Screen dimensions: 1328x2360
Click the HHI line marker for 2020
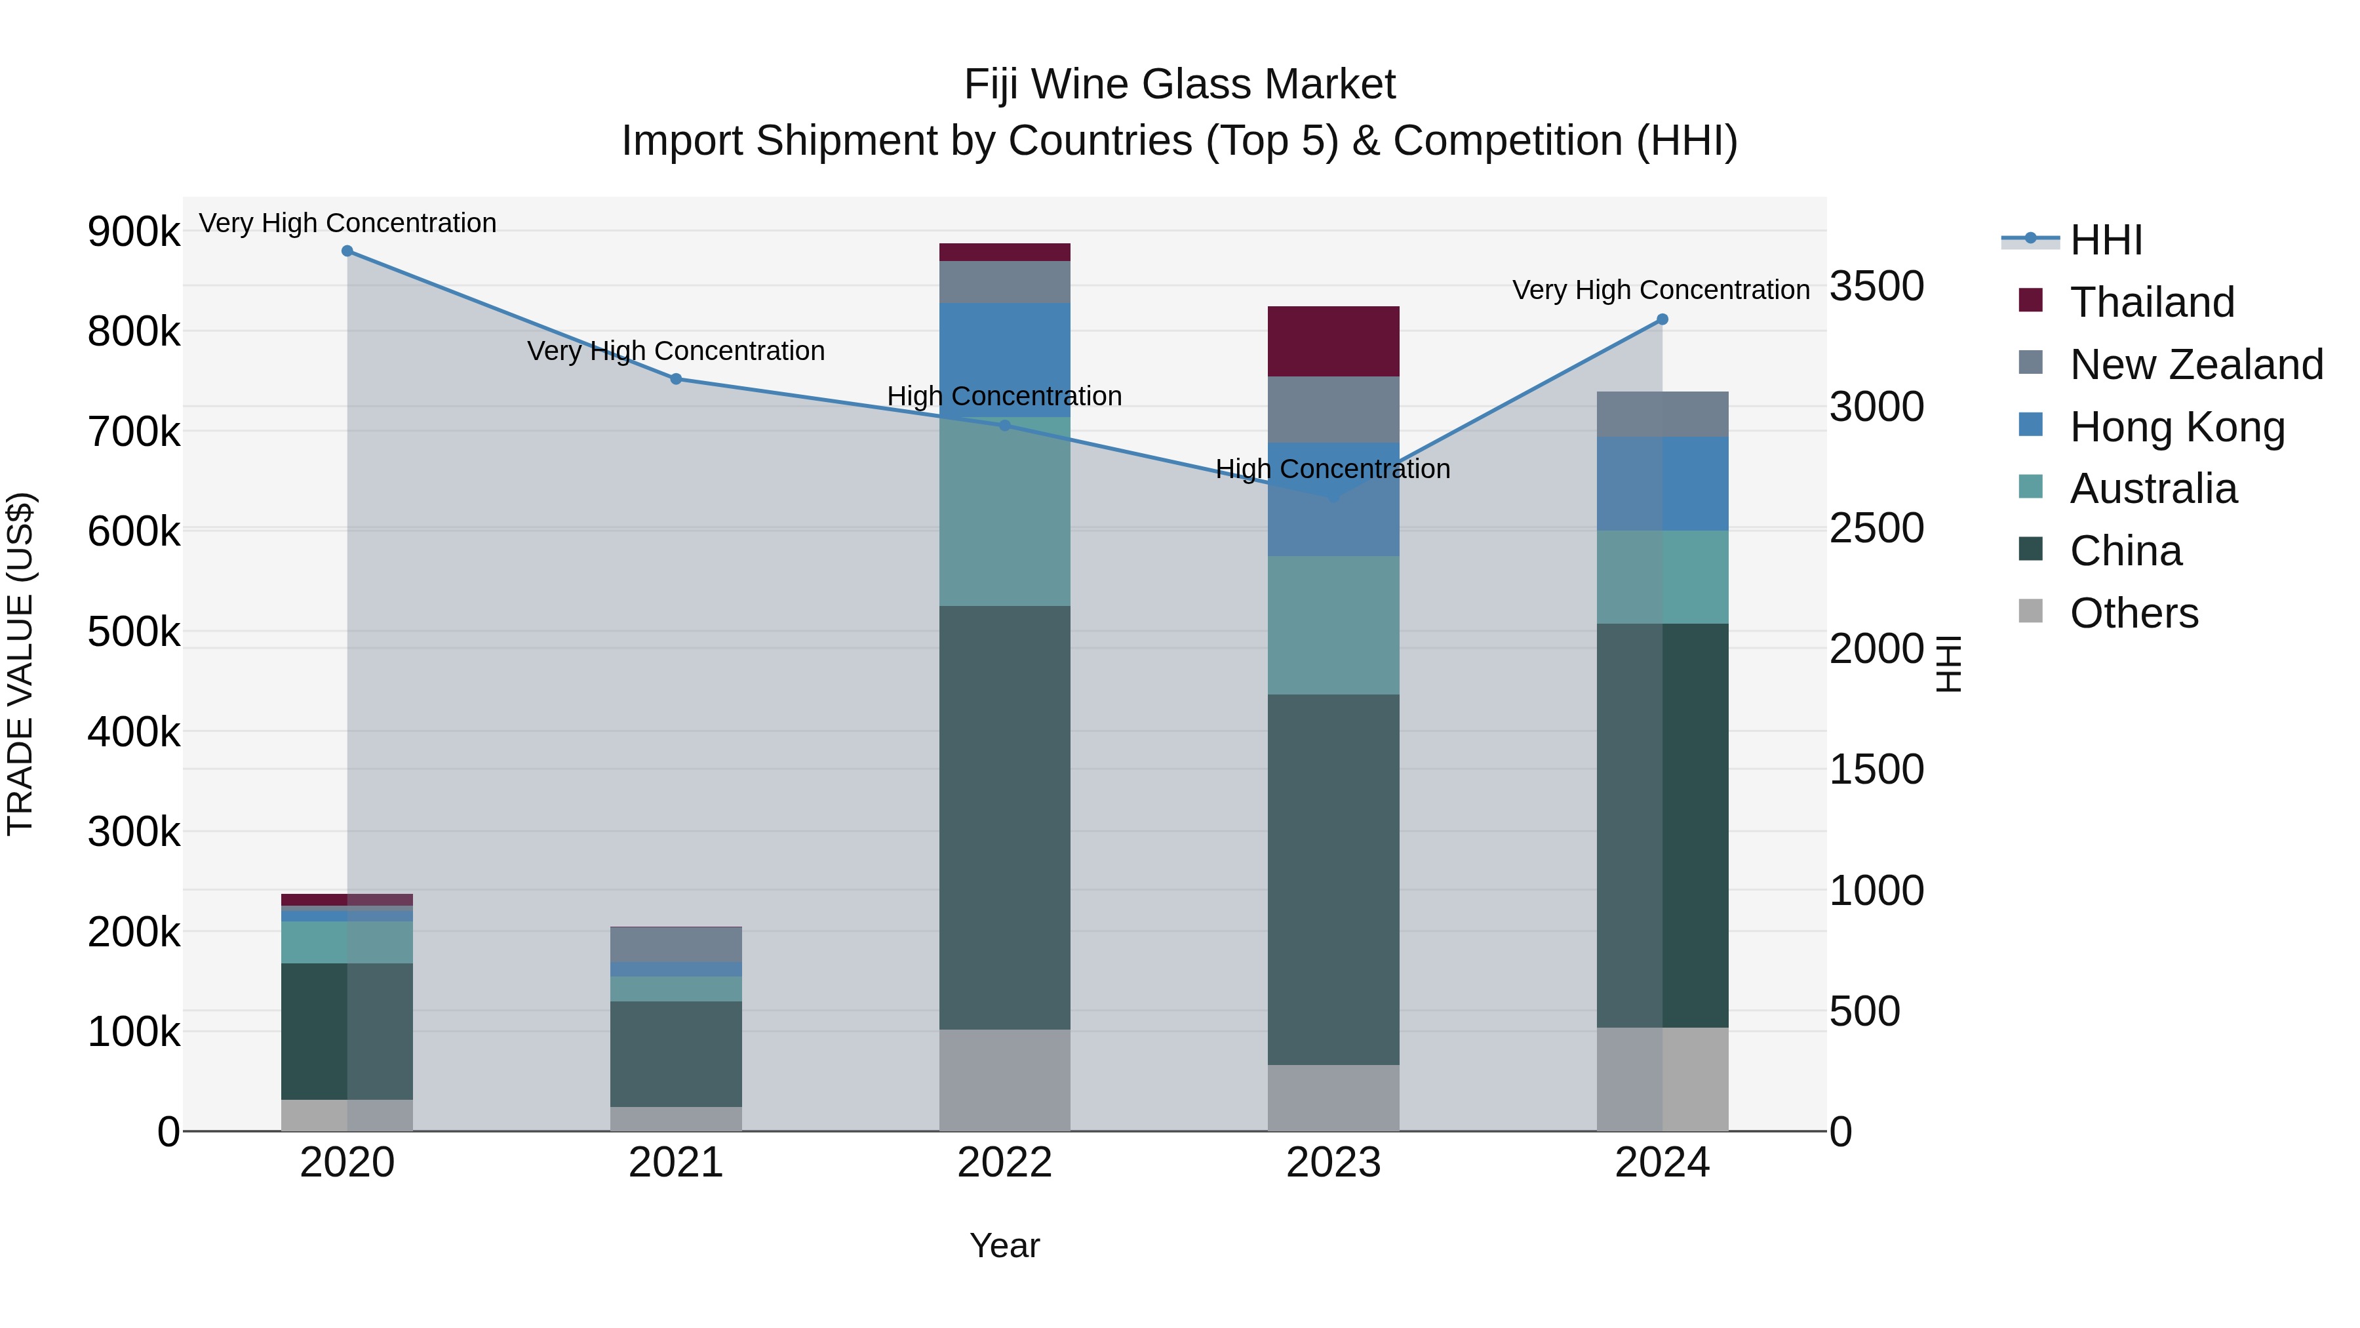pos(347,251)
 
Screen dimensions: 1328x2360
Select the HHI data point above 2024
pos(1662,320)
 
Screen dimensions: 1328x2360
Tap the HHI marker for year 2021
pos(676,378)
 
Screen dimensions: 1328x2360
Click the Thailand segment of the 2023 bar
pos(1333,341)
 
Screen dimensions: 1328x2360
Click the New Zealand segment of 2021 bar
pos(676,944)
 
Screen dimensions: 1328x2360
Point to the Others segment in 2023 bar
pos(1333,1097)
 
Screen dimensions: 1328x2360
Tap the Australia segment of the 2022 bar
pos(1004,512)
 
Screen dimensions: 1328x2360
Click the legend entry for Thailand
pos(2150,302)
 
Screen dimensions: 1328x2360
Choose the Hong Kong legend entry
pos(2176,427)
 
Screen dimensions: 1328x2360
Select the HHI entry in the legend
pos(2104,240)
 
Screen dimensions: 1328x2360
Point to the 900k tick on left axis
pos(134,231)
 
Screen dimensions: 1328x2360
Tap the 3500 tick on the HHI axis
pos(1876,286)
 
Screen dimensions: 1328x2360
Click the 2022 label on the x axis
pos(1004,1162)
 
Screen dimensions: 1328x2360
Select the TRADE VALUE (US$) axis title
pos(20,664)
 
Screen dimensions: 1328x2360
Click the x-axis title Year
pos(1004,1245)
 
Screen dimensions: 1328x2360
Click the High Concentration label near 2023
pos(1332,470)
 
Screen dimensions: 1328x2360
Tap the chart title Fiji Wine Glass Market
pos(1179,85)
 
